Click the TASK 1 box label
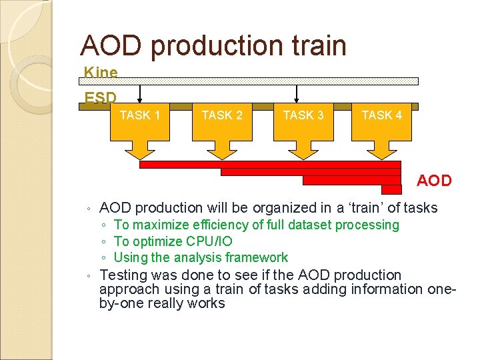click(x=140, y=115)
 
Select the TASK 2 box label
click(x=222, y=115)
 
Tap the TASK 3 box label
click(x=303, y=115)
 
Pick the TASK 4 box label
click(x=382, y=115)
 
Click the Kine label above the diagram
click(x=101, y=72)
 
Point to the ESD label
click(x=100, y=97)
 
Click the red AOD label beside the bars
click(x=434, y=181)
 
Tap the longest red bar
click(x=270, y=164)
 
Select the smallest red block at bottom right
click(x=391, y=189)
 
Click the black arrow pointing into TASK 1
click(x=140, y=93)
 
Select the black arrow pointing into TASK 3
click(x=297, y=93)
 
